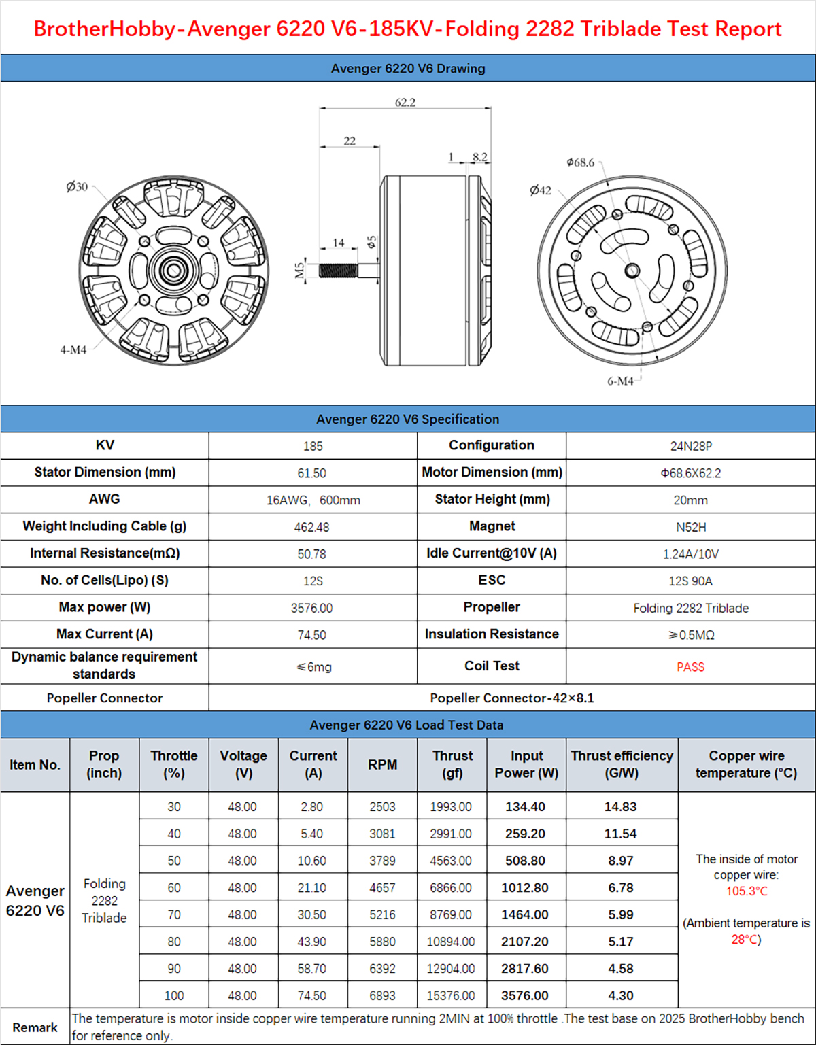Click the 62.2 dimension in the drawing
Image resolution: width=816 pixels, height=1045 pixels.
405,103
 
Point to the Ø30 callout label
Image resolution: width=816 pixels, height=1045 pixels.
77,186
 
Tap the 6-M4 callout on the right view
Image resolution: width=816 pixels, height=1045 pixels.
620,381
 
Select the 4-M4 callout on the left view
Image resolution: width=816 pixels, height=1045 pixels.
73,349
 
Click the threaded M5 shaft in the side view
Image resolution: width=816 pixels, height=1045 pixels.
338,270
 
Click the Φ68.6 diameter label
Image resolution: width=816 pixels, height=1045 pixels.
581,162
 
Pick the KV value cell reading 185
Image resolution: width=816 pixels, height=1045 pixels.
313,446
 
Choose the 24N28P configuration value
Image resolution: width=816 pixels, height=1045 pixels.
691,446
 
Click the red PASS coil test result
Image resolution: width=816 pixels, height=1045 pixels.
690,667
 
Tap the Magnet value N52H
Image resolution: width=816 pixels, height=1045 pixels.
691,527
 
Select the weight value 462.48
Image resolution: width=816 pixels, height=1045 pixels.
313,527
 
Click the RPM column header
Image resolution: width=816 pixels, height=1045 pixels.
382,765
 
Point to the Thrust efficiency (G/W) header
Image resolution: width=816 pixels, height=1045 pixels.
622,764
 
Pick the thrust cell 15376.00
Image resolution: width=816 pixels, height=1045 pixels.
451,995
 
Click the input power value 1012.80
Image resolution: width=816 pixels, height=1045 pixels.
525,888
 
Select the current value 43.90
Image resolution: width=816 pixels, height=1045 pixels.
312,942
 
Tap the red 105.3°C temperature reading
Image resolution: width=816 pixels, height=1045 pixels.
747,891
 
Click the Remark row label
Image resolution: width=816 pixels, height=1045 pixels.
35,1027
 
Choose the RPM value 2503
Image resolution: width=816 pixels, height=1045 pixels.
382,807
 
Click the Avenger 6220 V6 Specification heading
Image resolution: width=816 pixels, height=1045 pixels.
408,419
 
